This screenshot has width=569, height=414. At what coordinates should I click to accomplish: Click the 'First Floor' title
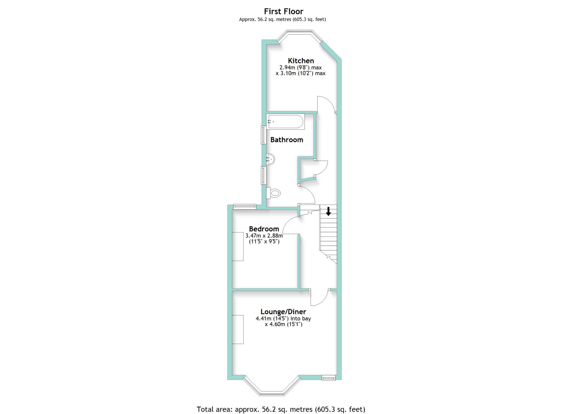tap(283, 11)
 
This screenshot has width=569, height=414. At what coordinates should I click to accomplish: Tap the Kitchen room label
tap(301, 61)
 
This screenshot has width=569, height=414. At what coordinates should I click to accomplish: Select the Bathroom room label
tap(287, 140)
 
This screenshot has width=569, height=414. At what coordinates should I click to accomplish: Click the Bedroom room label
tap(264, 229)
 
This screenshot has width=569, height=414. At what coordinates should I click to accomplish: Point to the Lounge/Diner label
tap(283, 312)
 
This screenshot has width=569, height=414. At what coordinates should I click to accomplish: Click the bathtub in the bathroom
tap(285, 122)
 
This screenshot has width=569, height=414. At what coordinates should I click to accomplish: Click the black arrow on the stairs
tap(328, 211)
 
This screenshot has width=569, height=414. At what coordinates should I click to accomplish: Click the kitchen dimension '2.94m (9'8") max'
tap(301, 68)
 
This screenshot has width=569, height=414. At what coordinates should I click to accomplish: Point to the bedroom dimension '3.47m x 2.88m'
tap(264, 236)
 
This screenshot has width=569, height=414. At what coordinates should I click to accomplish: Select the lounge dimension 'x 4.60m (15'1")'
tap(283, 324)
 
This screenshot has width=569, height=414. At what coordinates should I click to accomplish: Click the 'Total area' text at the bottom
tap(281, 409)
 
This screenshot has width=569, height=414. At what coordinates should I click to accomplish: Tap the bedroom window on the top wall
tap(244, 206)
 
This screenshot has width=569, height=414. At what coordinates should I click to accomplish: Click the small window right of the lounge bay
tap(329, 378)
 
